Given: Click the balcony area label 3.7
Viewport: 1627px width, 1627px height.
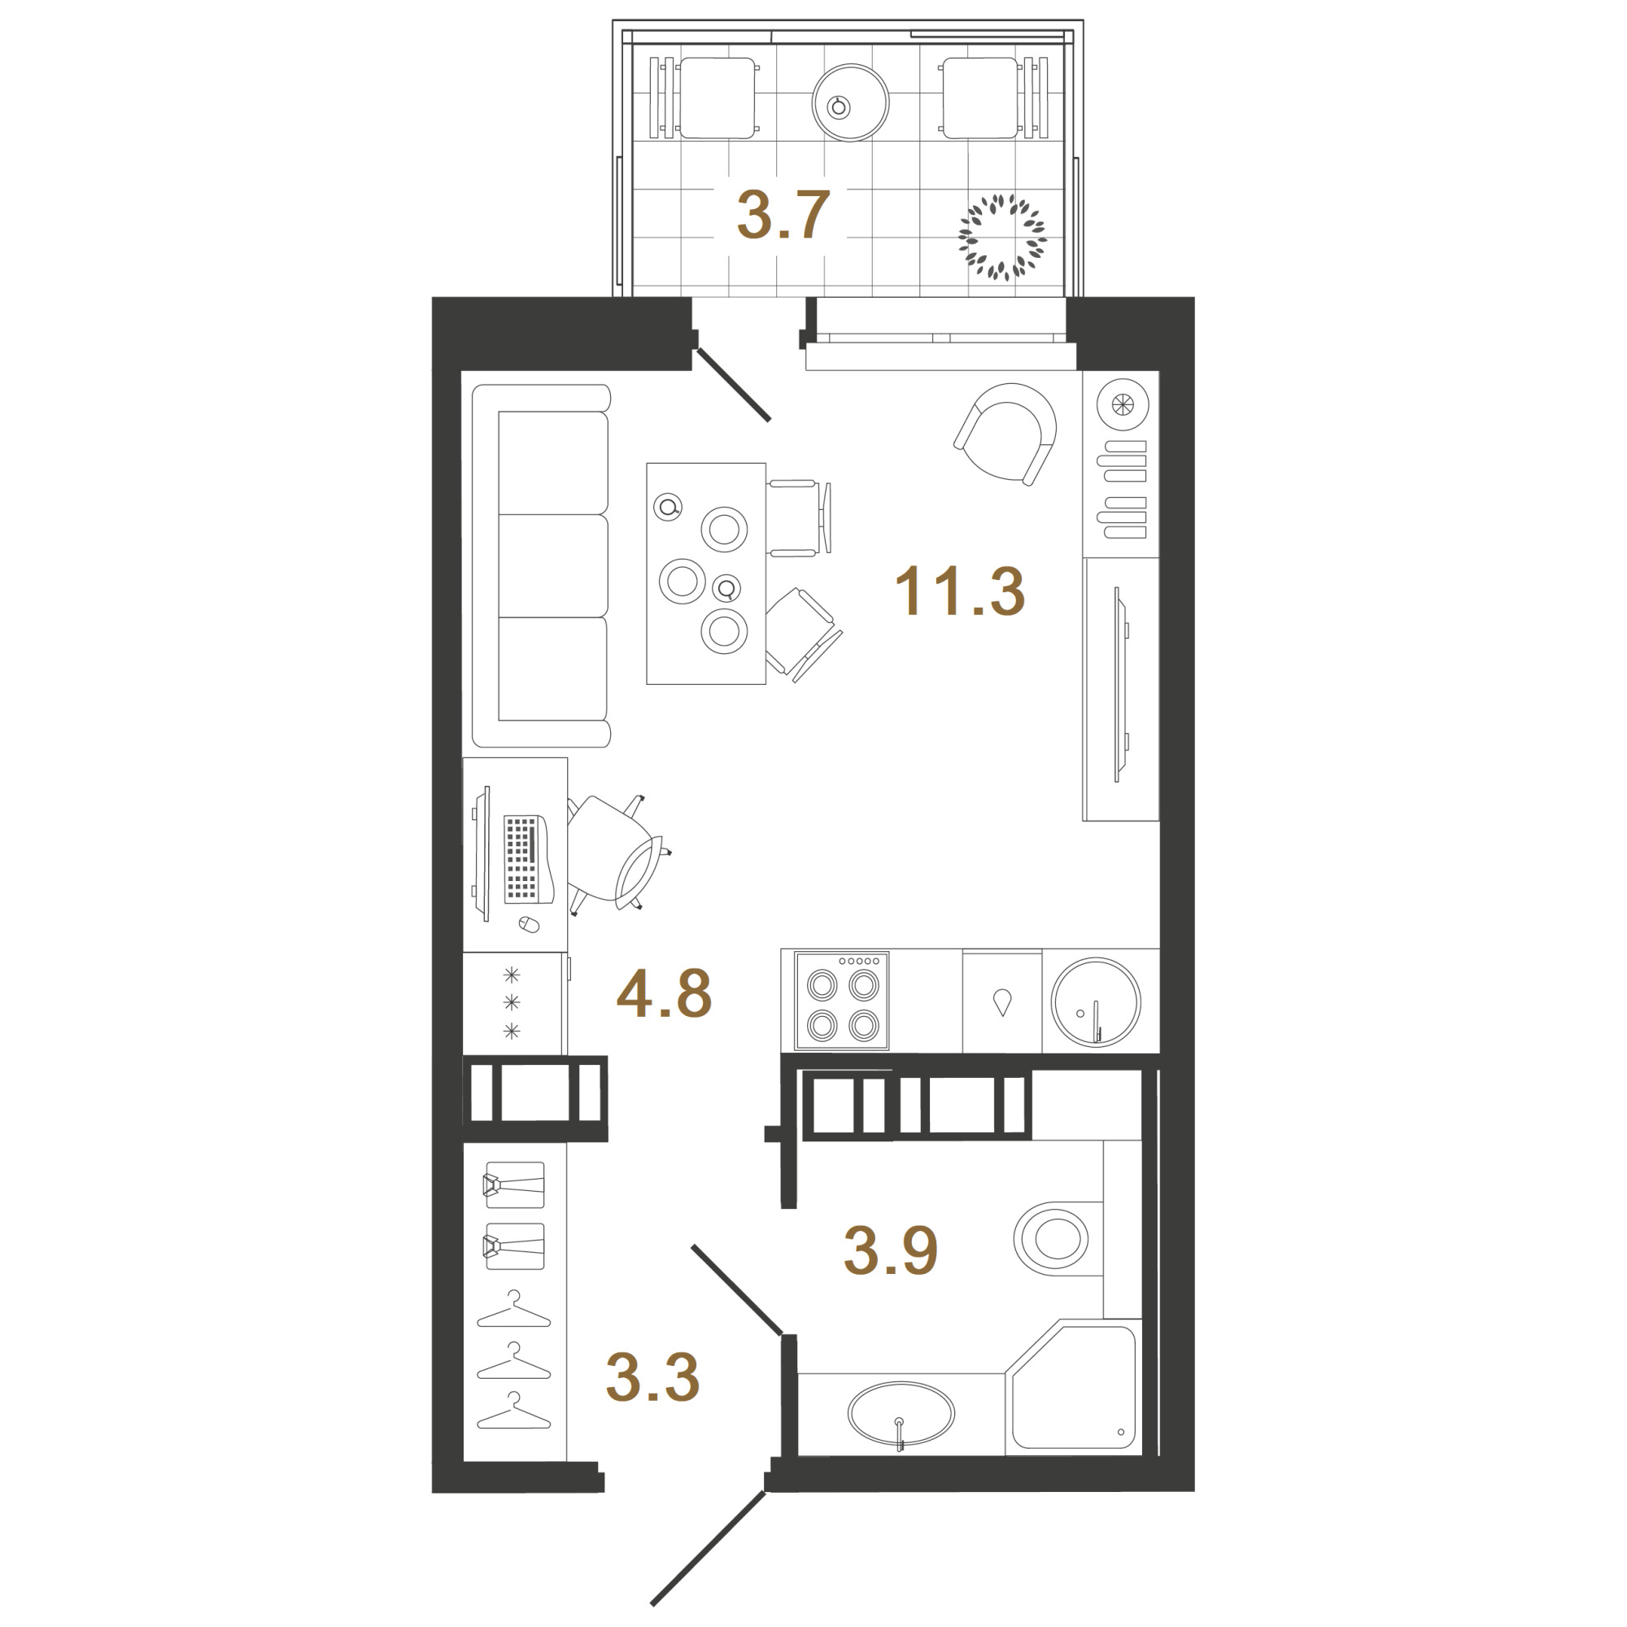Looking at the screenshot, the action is [x=783, y=215].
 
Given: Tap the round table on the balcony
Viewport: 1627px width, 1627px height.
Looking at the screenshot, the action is [x=851, y=103].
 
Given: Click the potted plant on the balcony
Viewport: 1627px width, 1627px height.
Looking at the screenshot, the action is [x=1002, y=237].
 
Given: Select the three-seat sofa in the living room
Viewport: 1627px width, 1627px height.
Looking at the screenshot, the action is [x=542, y=566].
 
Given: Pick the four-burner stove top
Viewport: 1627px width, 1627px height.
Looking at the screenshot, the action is [x=842, y=1001].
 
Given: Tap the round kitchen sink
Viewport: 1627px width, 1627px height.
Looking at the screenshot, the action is [x=1096, y=1002].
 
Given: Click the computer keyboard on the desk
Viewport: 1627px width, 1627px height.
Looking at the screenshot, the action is [x=522, y=859].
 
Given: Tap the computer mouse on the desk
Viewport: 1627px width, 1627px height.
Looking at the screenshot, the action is [x=528, y=925].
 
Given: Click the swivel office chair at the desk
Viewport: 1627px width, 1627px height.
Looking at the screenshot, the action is [x=617, y=854].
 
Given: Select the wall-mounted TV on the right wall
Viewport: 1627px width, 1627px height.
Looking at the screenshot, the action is [x=1120, y=684].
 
